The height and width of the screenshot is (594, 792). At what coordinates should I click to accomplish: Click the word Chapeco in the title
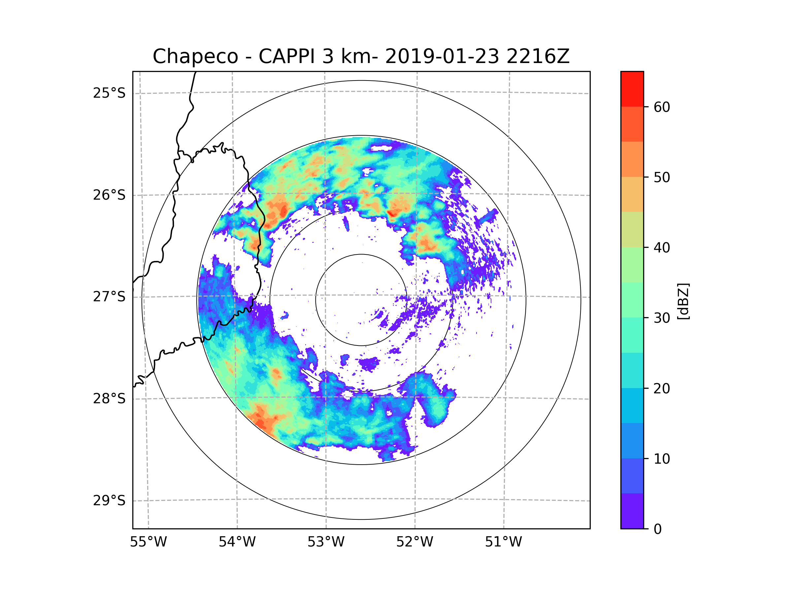coord(195,56)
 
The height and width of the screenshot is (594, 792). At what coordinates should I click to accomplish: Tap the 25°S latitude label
coord(109,93)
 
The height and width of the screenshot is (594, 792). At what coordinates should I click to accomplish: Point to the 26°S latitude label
coord(109,195)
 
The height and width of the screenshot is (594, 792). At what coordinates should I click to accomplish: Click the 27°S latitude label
coord(109,297)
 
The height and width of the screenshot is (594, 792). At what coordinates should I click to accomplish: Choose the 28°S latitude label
coord(109,399)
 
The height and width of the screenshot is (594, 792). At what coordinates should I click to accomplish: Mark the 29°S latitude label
coord(109,501)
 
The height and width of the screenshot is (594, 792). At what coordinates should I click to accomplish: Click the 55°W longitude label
coord(148,542)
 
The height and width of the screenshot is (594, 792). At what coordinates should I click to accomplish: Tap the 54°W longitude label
coord(237,542)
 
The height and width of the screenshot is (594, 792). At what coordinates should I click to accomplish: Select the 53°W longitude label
coord(326,542)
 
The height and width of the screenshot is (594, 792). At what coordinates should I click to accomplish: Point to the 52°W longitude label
coord(414,542)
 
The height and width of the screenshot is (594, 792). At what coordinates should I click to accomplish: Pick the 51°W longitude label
coord(503,542)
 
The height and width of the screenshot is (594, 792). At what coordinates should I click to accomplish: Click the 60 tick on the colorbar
coord(662,107)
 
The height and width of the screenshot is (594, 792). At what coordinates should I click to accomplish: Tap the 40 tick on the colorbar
coord(662,248)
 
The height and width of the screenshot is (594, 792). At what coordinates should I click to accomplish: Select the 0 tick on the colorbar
coord(658,529)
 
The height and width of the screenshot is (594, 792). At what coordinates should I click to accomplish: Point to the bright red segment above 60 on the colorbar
coord(632,89)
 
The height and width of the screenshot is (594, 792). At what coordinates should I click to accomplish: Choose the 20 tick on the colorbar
coord(662,388)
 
